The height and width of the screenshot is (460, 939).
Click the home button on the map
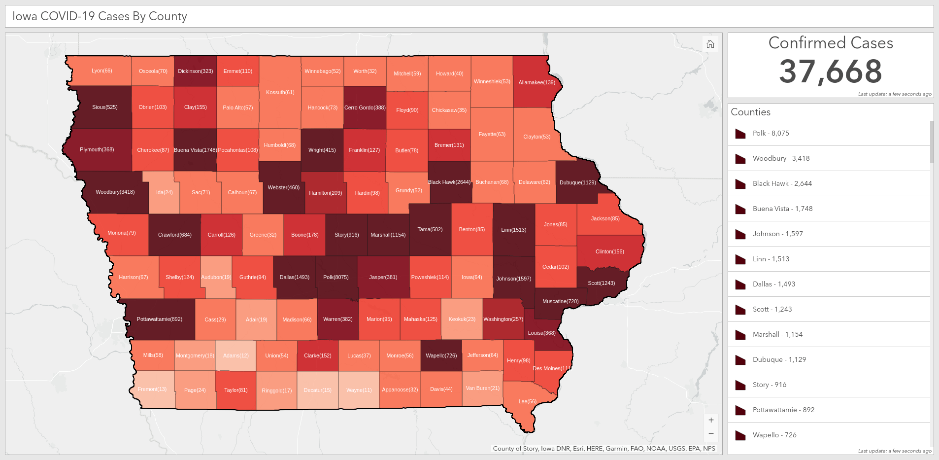710,44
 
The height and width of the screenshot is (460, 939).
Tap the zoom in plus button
711,420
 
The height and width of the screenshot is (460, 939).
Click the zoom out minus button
711,434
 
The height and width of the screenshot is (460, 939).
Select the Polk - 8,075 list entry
771,133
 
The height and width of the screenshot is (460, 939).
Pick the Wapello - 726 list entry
774,435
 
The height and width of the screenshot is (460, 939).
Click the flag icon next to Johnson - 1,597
740,234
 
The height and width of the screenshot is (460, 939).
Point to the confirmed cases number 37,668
830,71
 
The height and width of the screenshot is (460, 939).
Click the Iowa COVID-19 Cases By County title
100,16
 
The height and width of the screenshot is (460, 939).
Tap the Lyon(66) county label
102,71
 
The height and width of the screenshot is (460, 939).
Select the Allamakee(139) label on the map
537,82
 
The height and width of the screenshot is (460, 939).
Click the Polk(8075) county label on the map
335,277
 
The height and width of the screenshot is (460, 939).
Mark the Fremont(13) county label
152,389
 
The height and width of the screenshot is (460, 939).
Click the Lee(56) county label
527,401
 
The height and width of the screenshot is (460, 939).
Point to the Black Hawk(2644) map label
449,182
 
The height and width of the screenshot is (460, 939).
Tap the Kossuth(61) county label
280,92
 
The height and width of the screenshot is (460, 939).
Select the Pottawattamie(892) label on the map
159,319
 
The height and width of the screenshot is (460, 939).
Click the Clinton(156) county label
609,251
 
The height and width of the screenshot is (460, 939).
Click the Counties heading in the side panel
750,112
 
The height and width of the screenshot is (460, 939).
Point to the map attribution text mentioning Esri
604,449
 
